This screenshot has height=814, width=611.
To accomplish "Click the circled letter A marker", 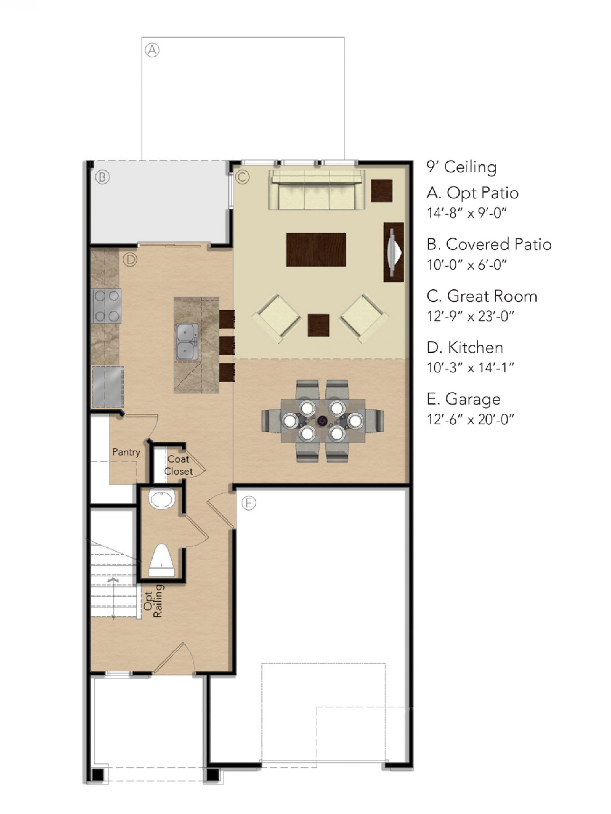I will click(152, 50).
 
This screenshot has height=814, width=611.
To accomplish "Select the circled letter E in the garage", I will click(249, 503).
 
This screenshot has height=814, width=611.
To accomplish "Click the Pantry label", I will click(126, 452).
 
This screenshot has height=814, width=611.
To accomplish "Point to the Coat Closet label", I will click(179, 465).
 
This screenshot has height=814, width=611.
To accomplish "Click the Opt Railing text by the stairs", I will click(153, 601).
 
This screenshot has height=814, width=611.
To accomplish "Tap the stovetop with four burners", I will click(106, 306).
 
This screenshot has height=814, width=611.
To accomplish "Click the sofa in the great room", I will click(317, 190).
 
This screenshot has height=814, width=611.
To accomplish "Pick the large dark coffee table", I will click(316, 249).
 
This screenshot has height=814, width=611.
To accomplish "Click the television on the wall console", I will click(394, 252).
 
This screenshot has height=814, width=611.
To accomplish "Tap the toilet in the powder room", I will click(161, 561).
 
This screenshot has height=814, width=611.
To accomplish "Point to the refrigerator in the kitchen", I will click(107, 387).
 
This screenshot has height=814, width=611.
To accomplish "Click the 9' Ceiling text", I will click(461, 167).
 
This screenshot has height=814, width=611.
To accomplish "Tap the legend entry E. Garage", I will click(463, 399).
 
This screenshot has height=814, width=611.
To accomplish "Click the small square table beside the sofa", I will click(381, 191).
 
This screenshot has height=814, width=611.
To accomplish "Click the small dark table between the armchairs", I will click(318, 325).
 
